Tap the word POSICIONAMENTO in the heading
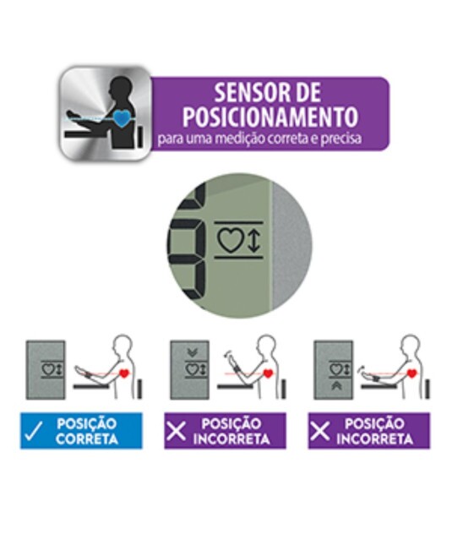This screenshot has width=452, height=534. click(270, 117)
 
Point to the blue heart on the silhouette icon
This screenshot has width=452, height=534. click(122, 117)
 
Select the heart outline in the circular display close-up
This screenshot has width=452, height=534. click(231, 241)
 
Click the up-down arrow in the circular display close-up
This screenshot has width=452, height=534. click(253, 241)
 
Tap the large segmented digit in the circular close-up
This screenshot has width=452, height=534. click(188, 245)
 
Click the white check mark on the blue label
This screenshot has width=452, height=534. click(34, 431)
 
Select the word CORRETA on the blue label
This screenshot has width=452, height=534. click(87, 439)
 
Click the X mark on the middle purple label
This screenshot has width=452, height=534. click(176, 431)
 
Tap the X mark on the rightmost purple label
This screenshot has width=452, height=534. click(319, 431)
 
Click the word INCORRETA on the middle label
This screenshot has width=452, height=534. click(231, 439)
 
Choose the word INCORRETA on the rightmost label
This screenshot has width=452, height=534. click(375, 439)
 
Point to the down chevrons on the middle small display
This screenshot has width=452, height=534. click(193, 352)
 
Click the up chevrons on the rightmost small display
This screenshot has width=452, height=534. click(337, 386)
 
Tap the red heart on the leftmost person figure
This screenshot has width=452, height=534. click(125, 373)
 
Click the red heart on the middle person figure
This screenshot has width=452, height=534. click(269, 373)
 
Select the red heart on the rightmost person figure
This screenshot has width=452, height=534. click(412, 373)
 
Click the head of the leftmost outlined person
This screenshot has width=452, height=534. click(123, 344)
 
